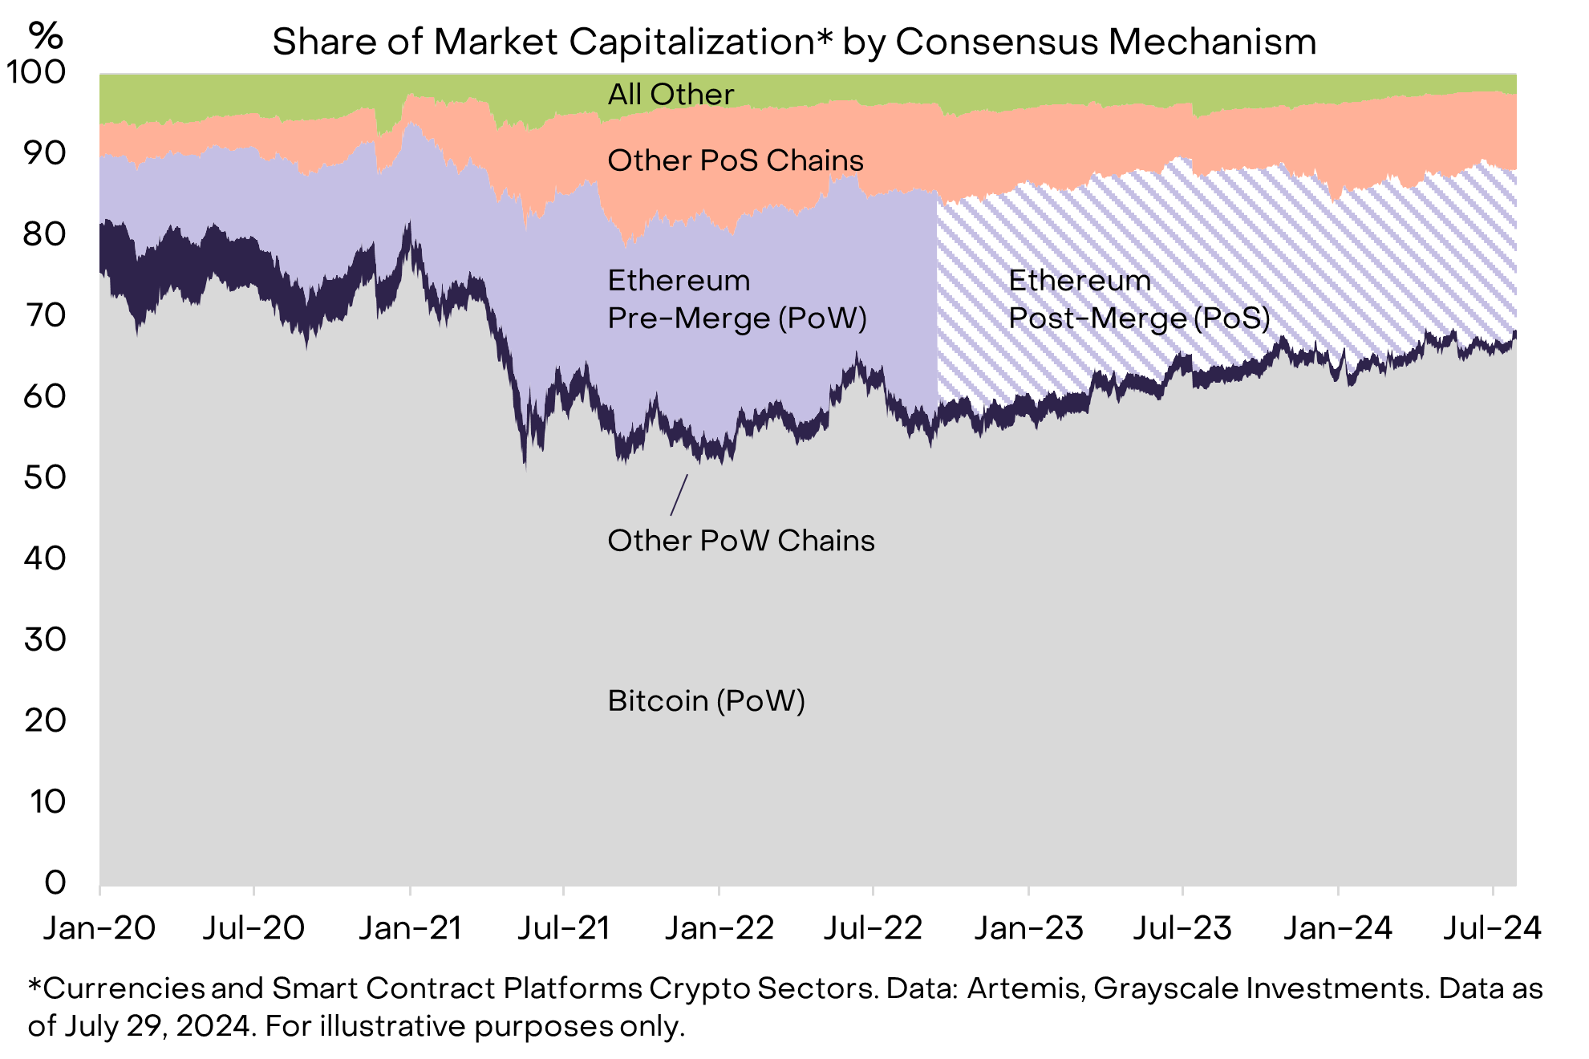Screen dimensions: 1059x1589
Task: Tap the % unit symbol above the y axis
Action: coord(46,35)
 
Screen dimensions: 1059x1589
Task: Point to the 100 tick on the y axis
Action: coord(36,72)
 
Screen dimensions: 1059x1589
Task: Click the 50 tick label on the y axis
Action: coord(45,477)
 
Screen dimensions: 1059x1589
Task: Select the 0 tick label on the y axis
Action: coord(55,882)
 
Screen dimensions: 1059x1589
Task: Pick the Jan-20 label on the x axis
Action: coord(99,928)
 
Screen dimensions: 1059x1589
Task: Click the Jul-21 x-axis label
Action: coord(564,928)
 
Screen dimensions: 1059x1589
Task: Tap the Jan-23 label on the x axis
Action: coord(1028,928)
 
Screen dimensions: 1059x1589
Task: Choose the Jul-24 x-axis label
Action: coord(1492,928)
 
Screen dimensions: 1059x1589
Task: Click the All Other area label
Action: coord(671,95)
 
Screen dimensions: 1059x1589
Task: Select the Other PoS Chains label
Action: coord(736,160)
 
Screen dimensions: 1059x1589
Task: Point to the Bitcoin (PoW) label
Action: coord(706,701)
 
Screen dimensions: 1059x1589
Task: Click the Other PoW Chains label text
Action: coord(741,541)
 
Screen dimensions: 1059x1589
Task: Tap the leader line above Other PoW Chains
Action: coord(679,494)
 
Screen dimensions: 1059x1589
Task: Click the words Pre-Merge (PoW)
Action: coord(737,319)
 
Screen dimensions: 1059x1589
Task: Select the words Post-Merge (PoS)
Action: coord(1139,319)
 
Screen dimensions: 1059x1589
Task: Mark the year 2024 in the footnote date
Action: coord(213,1026)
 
